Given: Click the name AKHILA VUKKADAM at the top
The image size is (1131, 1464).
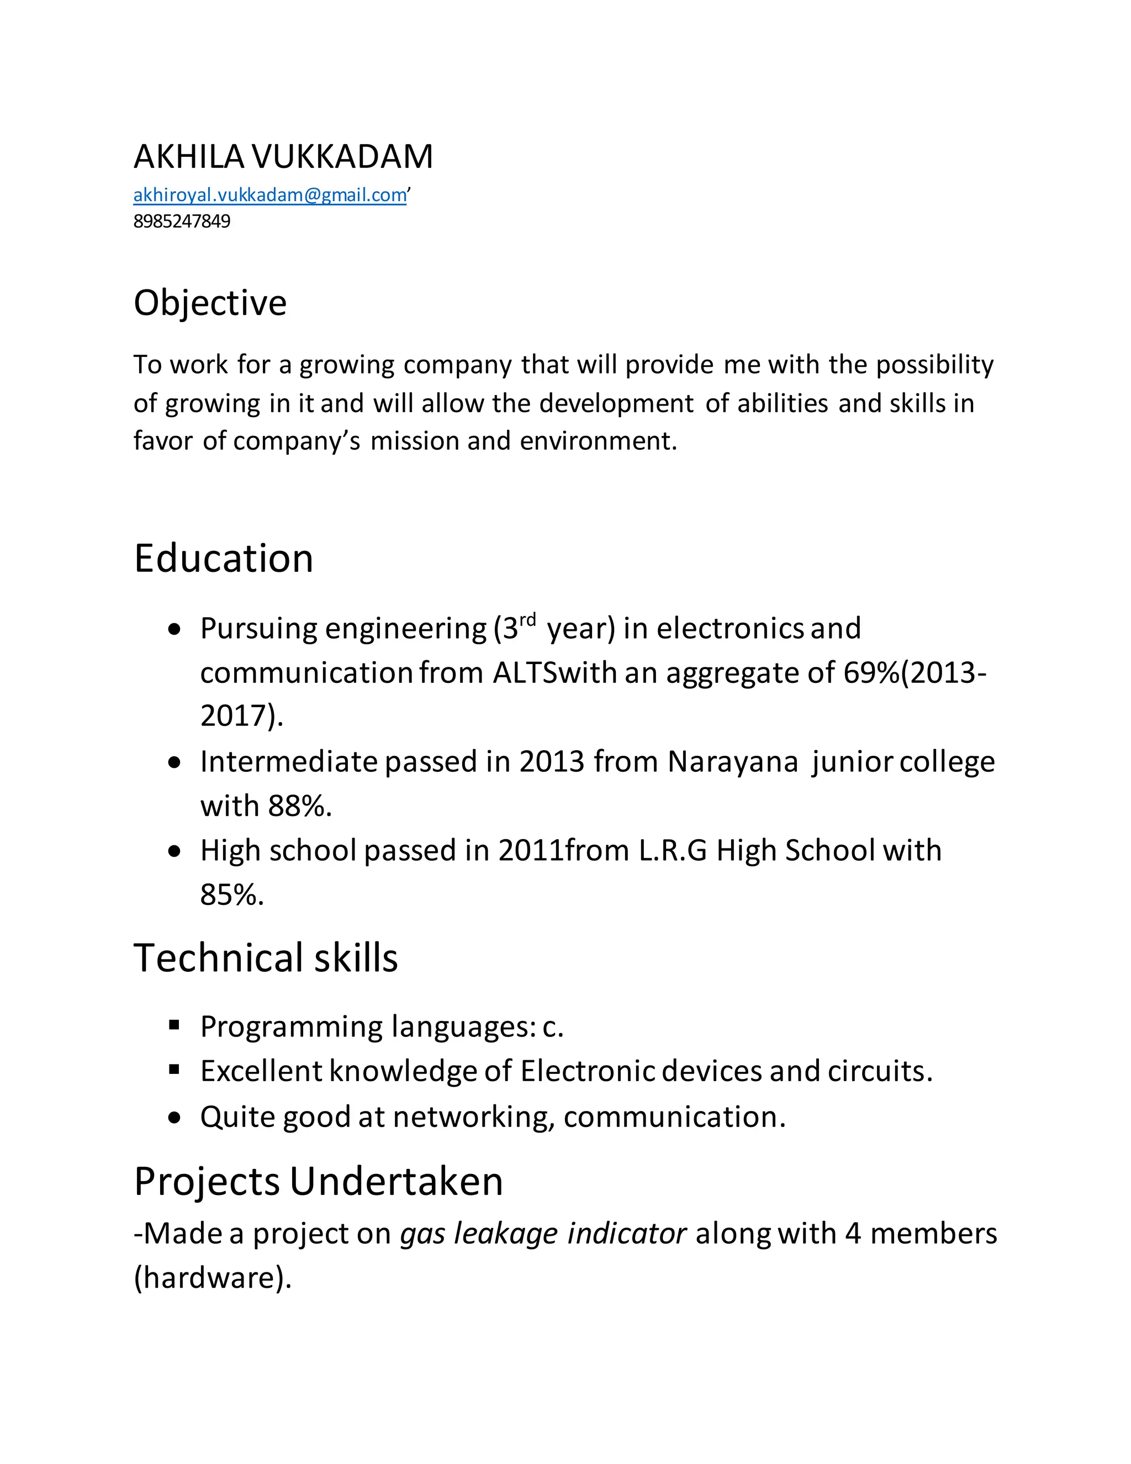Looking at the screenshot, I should coord(283,157).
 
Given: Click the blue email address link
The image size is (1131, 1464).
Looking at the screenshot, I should coord(269,195).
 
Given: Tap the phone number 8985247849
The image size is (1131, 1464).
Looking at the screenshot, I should coord(182,221).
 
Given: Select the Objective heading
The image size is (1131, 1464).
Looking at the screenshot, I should coord(210,303).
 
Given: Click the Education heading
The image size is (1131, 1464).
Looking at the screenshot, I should coord(223,559).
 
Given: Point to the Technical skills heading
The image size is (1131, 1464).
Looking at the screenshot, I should coord(265,958).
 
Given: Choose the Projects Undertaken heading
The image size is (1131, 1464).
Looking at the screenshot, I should coord(318,1181).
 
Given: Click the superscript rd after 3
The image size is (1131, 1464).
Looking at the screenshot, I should coord(527,619).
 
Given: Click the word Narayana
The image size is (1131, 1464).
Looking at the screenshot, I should coord(732,761).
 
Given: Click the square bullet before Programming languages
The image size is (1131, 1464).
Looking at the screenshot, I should coord(174,1024).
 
